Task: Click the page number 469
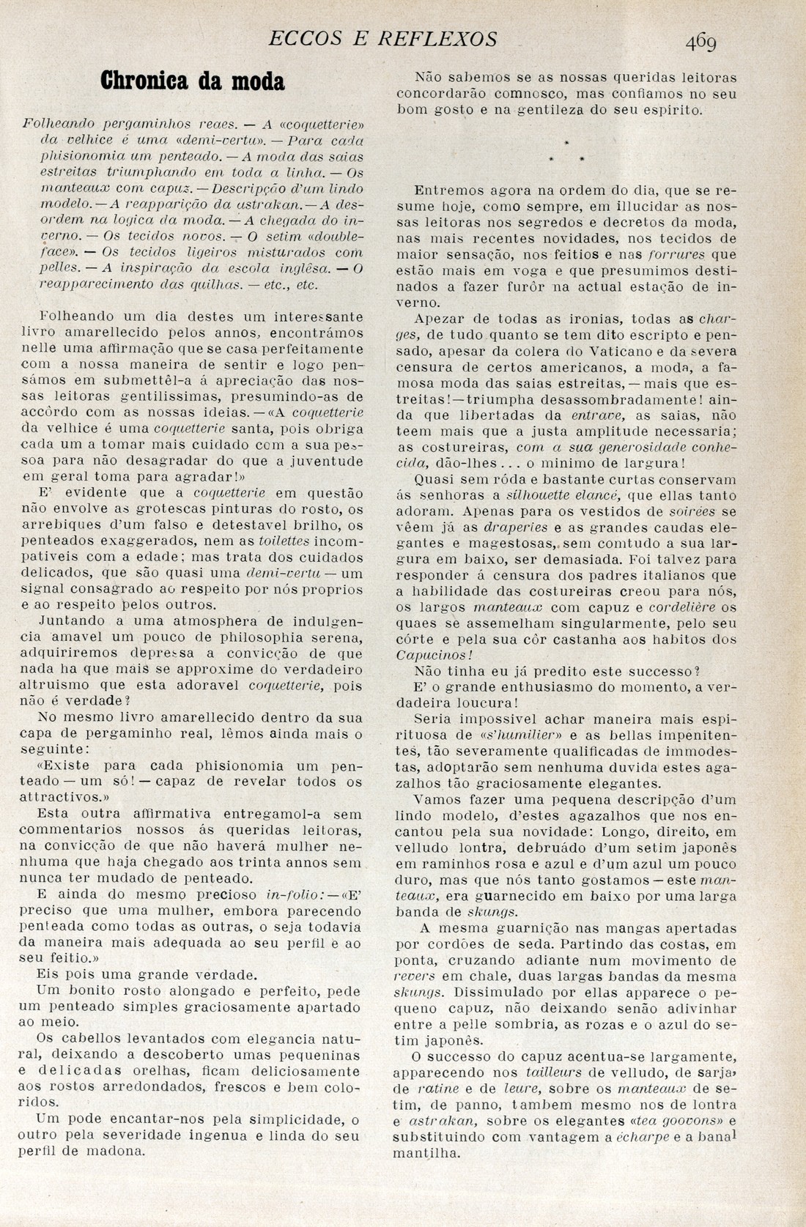(701, 42)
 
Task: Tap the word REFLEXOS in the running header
(437, 38)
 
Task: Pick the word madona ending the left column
(114, 1151)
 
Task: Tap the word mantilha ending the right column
(426, 1153)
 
